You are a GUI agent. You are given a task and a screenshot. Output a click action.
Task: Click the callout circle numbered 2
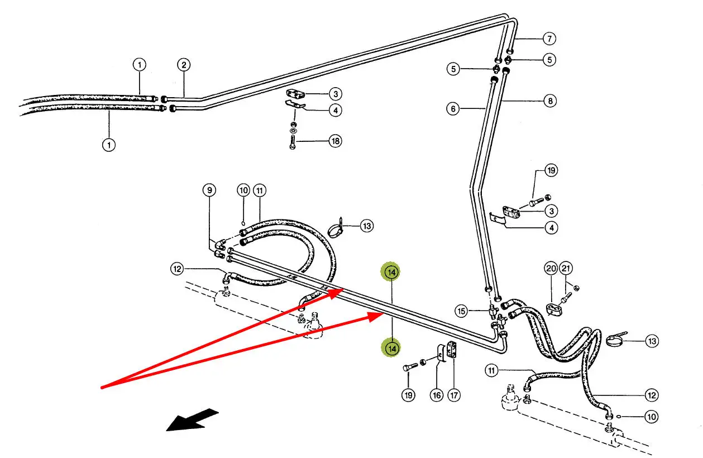point(184,65)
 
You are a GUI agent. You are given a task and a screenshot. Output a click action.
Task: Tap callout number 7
point(550,39)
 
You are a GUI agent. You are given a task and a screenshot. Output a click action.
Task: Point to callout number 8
point(550,101)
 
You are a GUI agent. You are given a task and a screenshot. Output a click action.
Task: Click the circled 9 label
point(209,190)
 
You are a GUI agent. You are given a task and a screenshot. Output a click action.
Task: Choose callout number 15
point(461,311)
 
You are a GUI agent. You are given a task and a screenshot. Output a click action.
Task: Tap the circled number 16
point(436,395)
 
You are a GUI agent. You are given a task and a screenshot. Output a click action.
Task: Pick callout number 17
point(454,395)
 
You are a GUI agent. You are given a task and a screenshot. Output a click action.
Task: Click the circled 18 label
point(335,141)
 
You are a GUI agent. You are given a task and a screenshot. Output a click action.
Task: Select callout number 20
point(551,269)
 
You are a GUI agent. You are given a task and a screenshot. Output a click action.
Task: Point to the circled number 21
point(566,269)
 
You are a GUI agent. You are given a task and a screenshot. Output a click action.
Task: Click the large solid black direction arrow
point(193,420)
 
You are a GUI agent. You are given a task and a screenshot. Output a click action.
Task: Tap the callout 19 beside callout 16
point(408,395)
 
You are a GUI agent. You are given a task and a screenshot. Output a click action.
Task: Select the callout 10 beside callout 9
point(243,190)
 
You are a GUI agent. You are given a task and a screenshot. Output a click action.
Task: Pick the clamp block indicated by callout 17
point(451,351)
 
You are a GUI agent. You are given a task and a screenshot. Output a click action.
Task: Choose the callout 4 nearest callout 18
point(335,111)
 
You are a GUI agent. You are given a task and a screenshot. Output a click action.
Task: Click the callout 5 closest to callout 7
point(550,59)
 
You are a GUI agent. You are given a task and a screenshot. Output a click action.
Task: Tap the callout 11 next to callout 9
point(259,190)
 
